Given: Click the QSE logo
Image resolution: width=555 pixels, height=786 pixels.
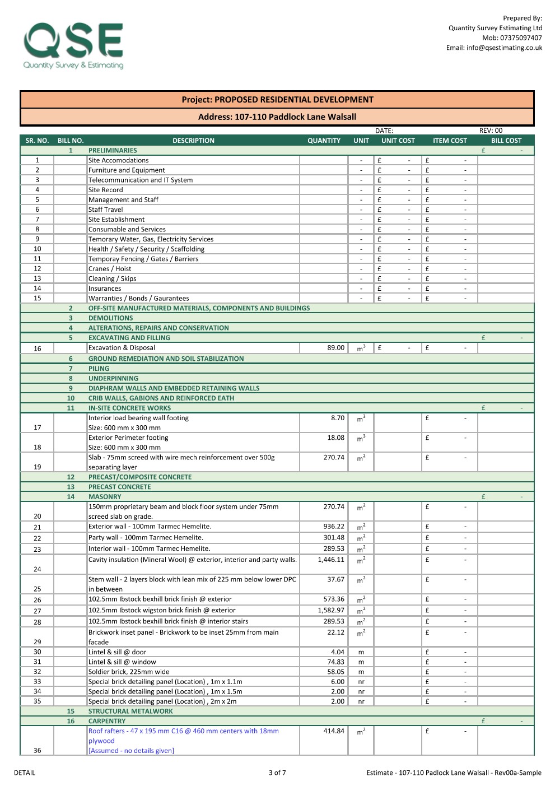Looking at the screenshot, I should (73, 45).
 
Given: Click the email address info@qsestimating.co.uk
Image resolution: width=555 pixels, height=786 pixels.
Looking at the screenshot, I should (494, 48).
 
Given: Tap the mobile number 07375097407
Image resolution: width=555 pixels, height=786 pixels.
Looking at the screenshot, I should (521, 38).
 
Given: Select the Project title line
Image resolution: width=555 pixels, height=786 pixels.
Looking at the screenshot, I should (277, 100).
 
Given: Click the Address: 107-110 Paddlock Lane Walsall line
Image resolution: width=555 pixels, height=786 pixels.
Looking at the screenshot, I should (277, 117).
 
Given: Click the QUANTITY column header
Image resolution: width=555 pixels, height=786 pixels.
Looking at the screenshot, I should (324, 141).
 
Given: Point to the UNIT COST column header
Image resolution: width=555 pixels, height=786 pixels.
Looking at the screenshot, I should (398, 141).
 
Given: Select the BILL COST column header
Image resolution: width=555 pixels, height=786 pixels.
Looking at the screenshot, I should (506, 141).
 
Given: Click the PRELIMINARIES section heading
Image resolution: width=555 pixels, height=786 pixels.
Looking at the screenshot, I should (113, 151).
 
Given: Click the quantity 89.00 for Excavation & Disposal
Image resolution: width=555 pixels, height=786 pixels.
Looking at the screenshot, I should (335, 348).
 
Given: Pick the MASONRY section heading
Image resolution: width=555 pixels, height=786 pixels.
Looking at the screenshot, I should (105, 497).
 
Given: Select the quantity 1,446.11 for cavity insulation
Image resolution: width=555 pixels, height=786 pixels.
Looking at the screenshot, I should (331, 560).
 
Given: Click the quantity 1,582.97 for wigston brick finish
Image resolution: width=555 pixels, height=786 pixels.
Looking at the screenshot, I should (331, 610).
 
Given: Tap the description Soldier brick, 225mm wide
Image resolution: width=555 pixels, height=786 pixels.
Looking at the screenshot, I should (129, 672).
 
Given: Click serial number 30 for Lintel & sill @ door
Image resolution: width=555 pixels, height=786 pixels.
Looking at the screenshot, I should (38, 652).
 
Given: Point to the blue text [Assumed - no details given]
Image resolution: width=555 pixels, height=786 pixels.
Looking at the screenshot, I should (131, 751).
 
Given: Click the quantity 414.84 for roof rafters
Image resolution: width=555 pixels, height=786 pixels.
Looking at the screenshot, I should (334, 731).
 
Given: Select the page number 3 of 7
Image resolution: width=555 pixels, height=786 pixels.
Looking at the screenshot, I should (277, 773).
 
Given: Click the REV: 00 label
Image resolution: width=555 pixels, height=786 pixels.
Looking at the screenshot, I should (491, 131).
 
